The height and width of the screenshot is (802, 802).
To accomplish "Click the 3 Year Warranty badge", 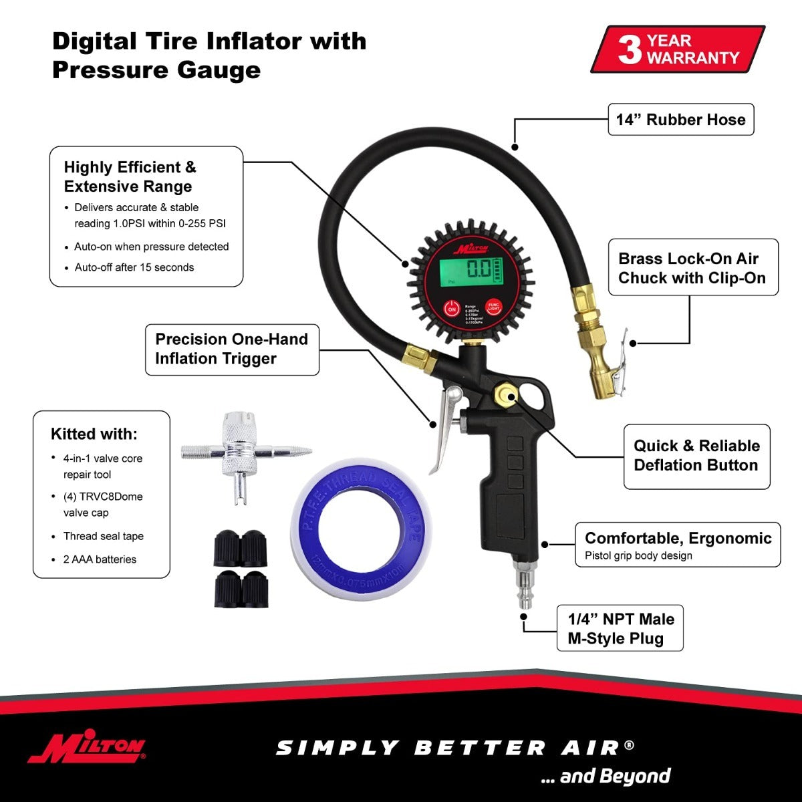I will pos(678,49).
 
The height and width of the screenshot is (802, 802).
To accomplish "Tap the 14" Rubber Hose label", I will pos(680,120).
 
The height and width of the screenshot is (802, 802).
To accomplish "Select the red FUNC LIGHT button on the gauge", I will pos(493,307).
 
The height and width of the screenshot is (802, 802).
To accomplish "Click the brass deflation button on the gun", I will pos(504,396).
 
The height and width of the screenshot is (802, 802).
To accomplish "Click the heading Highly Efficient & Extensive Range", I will pos(130,176).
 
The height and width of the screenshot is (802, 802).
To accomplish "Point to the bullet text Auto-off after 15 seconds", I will pos(134,267).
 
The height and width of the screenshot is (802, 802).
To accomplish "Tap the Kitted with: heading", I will pos(94,434).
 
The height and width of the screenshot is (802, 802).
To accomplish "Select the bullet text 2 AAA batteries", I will pos(100,559).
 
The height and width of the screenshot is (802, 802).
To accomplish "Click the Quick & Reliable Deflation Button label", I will pos(696,456).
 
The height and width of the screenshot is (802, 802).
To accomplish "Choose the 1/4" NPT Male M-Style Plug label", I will pos(620,628).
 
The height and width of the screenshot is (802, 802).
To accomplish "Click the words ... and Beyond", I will pos(605,777).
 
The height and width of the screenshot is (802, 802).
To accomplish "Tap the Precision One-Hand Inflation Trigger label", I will pos(231,349).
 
